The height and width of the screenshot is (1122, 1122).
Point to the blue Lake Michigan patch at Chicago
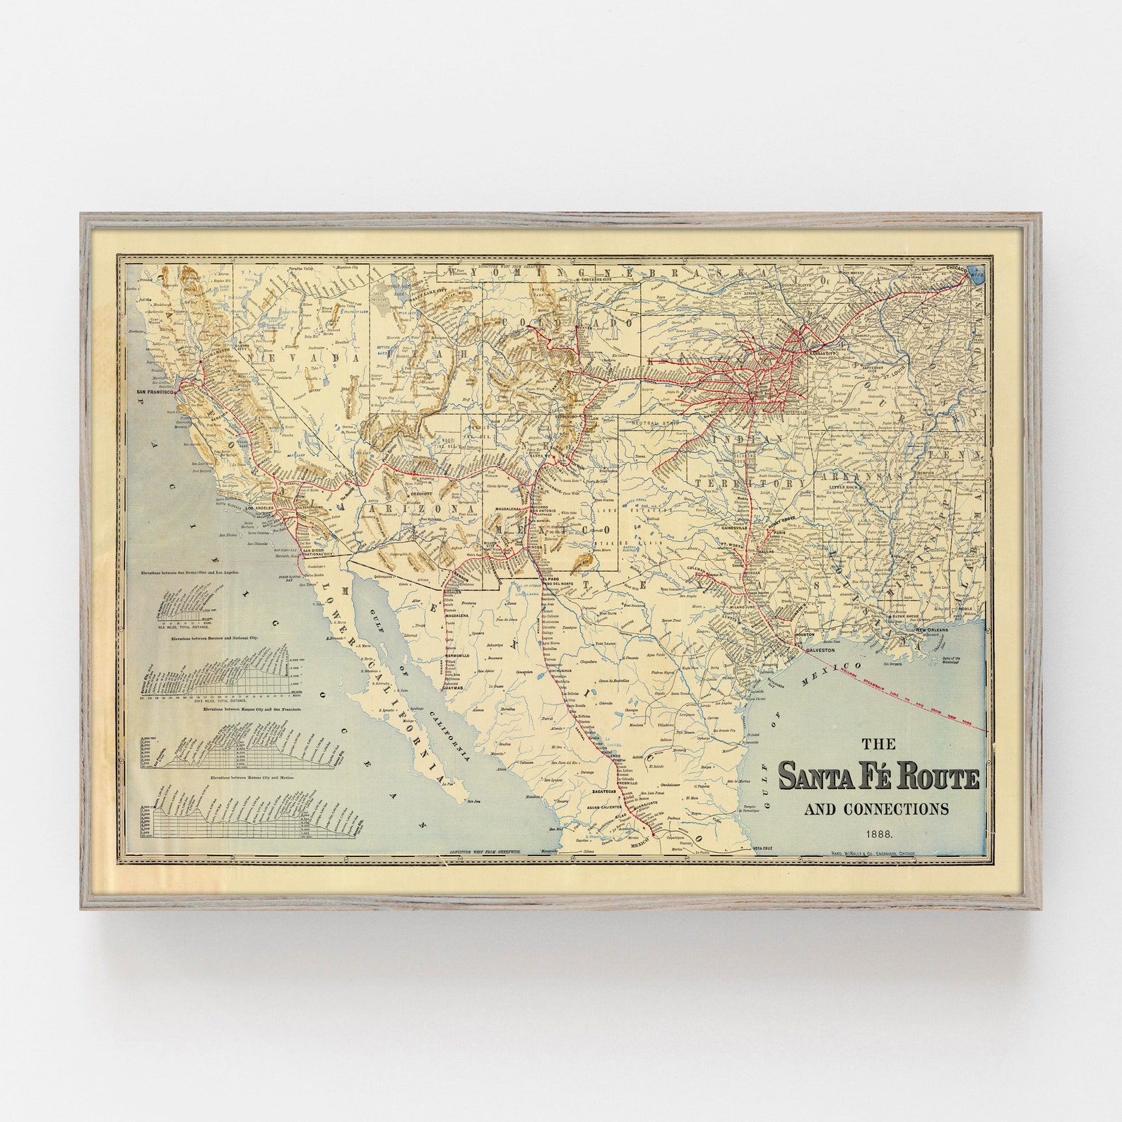[976, 274]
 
